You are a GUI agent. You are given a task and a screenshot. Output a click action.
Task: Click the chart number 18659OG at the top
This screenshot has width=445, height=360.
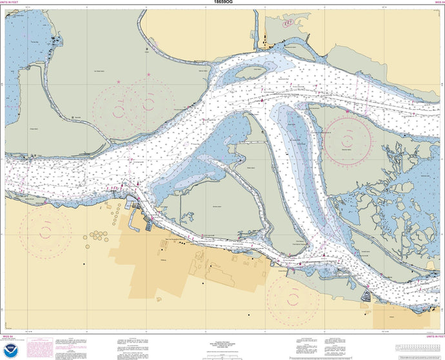[222, 4]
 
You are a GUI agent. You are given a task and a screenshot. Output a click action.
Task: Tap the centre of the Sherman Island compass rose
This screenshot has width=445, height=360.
[347, 138]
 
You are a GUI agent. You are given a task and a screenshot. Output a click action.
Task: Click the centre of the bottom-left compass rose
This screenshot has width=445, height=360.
[44, 229]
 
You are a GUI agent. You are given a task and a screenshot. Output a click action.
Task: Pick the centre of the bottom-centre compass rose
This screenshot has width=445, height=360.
[292, 299]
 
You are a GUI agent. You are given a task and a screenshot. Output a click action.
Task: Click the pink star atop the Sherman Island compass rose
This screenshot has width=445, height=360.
[347, 111]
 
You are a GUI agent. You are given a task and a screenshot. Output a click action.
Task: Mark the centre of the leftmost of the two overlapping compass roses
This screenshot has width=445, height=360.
[119, 106]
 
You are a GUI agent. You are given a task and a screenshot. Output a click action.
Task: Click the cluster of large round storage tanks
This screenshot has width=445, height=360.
[97, 235]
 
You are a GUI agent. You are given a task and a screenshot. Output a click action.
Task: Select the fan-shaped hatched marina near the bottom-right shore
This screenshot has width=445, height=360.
[366, 296]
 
